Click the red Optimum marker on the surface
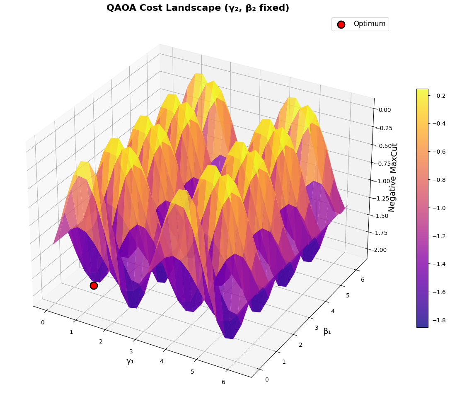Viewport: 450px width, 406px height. click(94, 285)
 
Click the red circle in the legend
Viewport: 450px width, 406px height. click(341, 24)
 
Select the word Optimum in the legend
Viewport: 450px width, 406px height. click(369, 24)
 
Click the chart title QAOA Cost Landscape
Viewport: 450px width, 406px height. click(198, 8)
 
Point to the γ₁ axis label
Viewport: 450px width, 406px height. click(130, 361)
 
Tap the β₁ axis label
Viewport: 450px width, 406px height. click(327, 331)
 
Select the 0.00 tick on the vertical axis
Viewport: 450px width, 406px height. click(385, 110)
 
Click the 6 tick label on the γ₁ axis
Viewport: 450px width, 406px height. click(223, 382)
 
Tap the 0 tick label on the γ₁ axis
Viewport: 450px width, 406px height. click(42, 322)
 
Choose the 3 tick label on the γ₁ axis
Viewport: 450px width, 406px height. click(131, 351)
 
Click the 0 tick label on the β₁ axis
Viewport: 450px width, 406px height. click(266, 379)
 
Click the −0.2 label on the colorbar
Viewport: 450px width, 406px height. click(440, 96)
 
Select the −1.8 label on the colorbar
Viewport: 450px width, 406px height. click(440, 320)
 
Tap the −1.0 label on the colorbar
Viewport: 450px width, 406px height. click(440, 208)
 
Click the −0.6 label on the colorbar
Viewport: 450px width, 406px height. click(440, 152)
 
